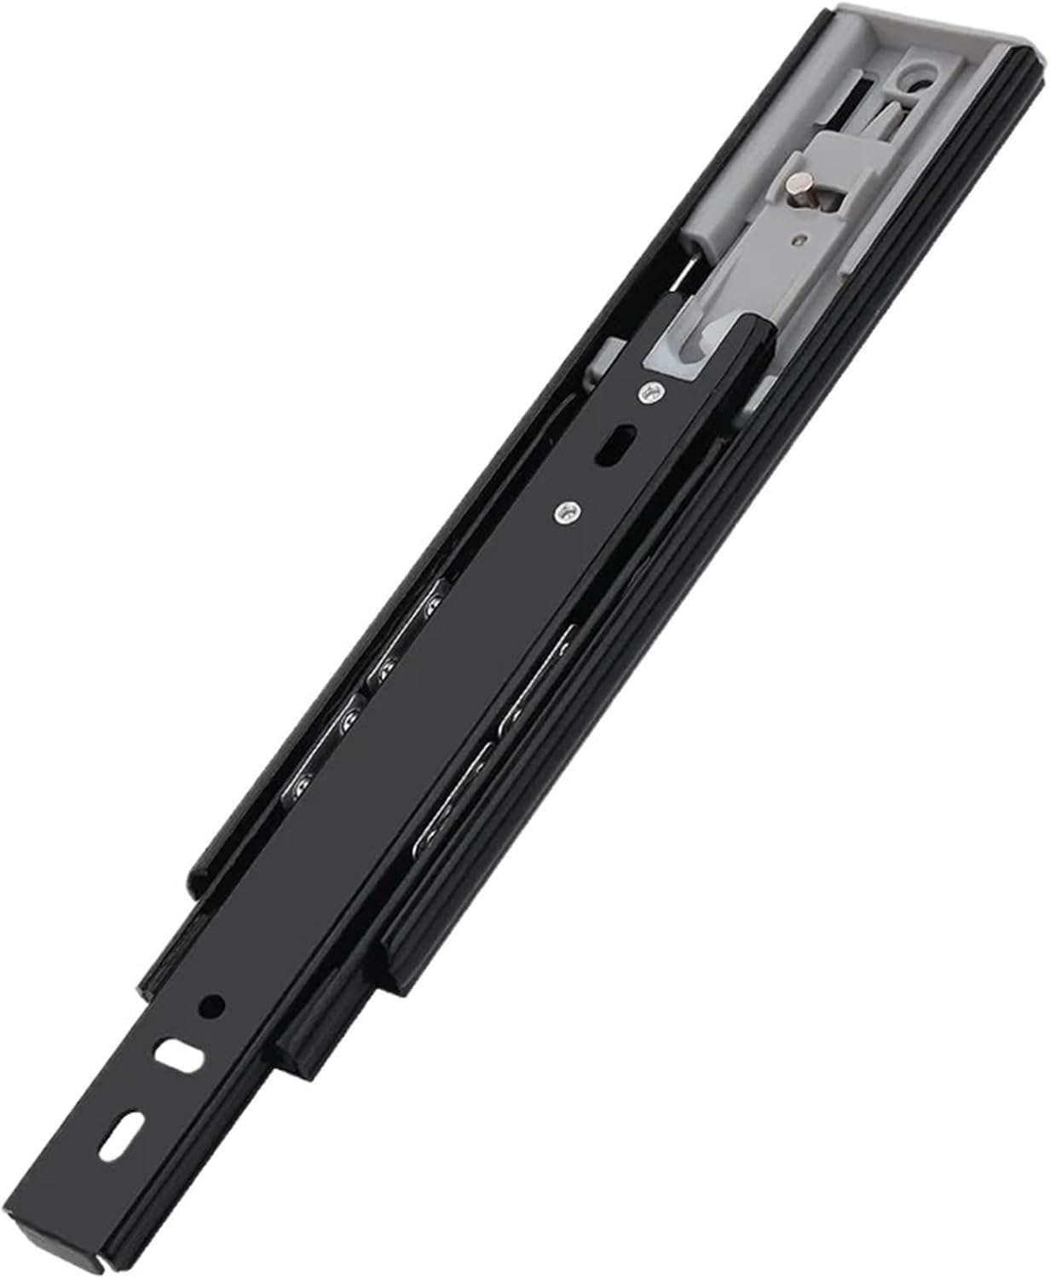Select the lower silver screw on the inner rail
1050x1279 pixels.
(x=563, y=512)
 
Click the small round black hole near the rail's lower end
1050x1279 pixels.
(x=211, y=1006)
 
